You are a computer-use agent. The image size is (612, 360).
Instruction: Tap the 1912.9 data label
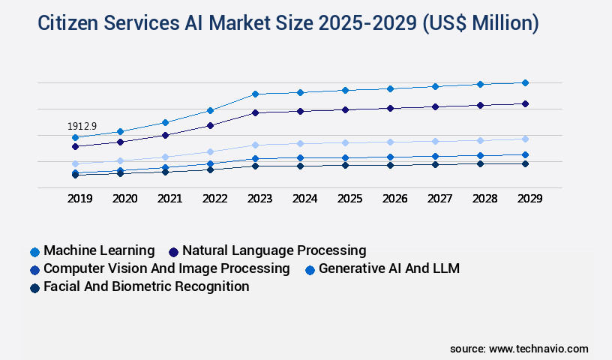pos(82,126)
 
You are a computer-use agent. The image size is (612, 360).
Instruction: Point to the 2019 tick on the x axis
pos(79,199)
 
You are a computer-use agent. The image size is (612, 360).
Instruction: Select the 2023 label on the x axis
pos(259,199)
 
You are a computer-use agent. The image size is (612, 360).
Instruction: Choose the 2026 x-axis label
pos(394,199)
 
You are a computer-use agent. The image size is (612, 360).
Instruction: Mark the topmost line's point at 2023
pos(255,94)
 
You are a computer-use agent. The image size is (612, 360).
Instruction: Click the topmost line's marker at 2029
pos(525,82)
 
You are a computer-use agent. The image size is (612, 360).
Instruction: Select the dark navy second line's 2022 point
pos(210,125)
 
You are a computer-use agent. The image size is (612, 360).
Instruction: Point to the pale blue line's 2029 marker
pos(525,139)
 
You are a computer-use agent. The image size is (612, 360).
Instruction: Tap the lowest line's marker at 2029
pos(525,163)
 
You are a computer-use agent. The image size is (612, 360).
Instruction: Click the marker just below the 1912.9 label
pos(75,137)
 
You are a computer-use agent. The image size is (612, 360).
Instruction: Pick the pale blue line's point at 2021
pos(165,157)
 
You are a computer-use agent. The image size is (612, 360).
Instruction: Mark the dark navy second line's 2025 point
pos(345,109)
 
